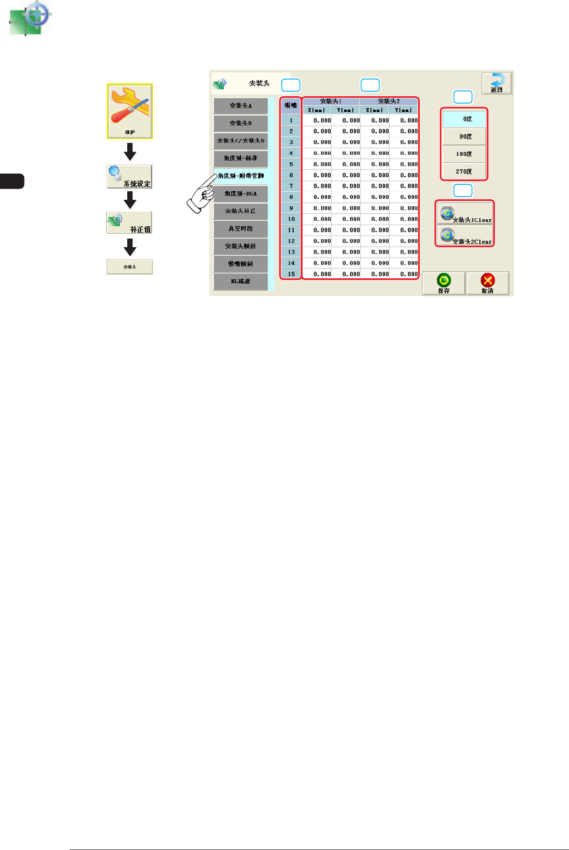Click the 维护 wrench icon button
[130, 111]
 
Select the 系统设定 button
[129, 176]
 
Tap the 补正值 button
[129, 222]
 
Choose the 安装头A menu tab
[240, 106]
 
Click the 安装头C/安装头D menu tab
[240, 141]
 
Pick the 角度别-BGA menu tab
[240, 193]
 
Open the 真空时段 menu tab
[240, 229]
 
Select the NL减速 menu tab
[240, 282]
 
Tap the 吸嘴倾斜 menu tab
[240, 264]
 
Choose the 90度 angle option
[464, 136]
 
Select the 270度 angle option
[464, 171]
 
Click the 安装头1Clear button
[465, 214]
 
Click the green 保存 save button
[443, 283]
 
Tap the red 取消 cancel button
[487, 283]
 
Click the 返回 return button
[497, 84]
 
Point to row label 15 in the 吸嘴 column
[291, 274]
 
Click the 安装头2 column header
[389, 101]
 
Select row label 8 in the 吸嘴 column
[291, 197]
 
